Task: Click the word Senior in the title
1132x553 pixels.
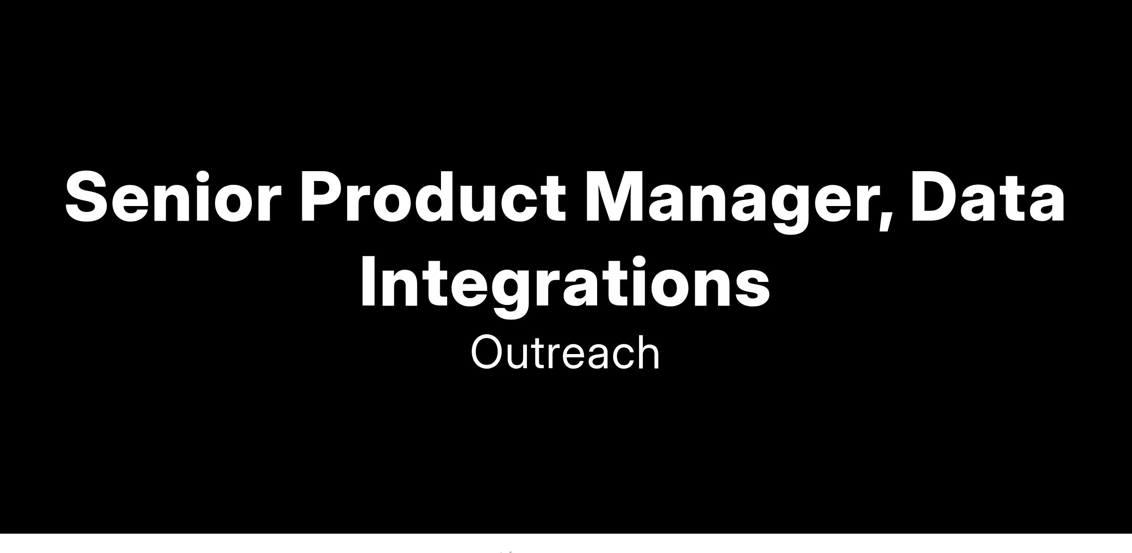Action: click(173, 196)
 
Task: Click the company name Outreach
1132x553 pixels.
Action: click(565, 353)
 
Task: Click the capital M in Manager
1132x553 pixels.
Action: click(617, 196)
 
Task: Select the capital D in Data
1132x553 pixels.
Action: click(936, 196)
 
